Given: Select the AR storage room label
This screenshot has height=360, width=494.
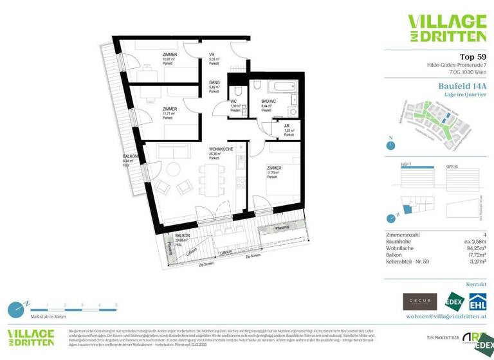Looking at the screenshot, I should pos(287,127).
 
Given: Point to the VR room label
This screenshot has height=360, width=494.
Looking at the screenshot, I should pos(212,55).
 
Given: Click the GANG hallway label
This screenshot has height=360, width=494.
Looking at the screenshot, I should pos(214,83).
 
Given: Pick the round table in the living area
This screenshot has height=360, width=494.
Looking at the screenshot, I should pos(174,170).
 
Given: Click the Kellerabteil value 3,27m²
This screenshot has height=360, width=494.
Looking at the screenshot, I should pos(477,262).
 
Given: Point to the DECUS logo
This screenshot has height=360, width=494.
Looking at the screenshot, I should pos(419,301).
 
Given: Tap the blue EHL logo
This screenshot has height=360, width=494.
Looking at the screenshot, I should pos(477,301).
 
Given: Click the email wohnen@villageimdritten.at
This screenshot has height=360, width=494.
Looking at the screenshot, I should pos(445,317).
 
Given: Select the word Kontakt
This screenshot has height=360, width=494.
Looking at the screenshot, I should pos(476,283).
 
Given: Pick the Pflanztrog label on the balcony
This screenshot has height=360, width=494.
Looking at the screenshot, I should pos(281,228).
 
